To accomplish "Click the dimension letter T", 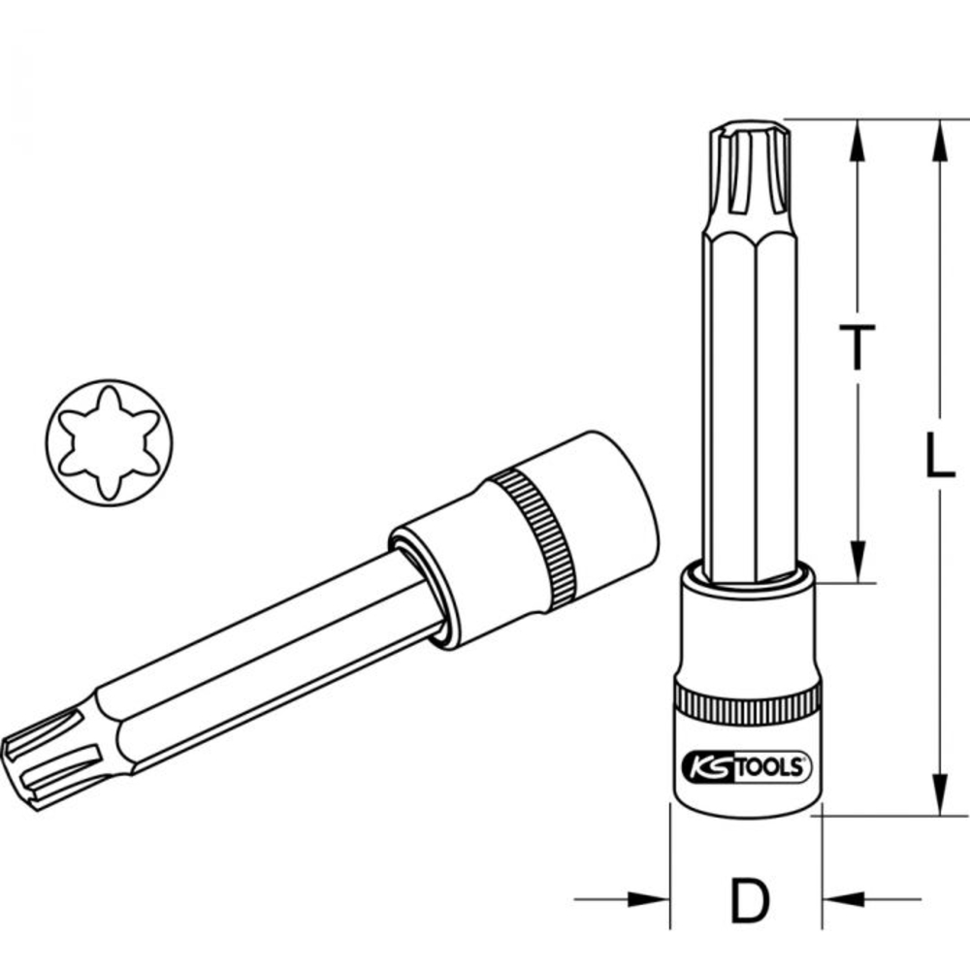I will [857, 346].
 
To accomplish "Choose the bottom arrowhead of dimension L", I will [938, 795].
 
